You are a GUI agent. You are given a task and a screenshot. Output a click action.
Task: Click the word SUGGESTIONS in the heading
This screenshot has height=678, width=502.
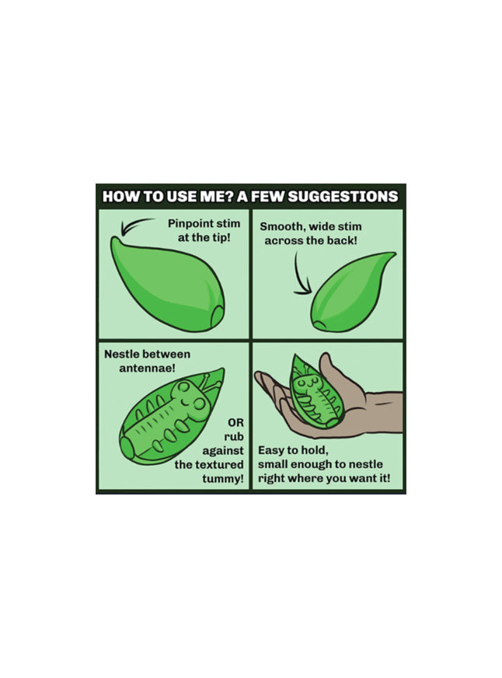(343, 196)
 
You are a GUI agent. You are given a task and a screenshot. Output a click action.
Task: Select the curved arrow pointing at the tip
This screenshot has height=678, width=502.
(135, 225)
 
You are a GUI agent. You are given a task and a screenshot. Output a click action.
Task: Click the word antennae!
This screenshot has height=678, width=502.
(147, 369)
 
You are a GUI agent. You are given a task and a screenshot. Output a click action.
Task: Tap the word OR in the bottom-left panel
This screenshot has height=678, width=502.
(235, 422)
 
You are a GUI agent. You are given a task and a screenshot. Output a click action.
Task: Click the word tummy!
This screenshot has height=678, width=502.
(222, 479)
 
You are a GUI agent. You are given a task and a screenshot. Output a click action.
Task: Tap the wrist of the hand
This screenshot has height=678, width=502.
(389, 411)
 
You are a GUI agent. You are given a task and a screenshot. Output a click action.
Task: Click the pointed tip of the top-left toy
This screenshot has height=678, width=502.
(113, 239)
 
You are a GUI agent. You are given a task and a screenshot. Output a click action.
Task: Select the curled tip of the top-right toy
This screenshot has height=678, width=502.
(392, 255)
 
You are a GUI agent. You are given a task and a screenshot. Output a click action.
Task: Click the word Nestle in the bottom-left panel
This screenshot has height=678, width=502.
(122, 354)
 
